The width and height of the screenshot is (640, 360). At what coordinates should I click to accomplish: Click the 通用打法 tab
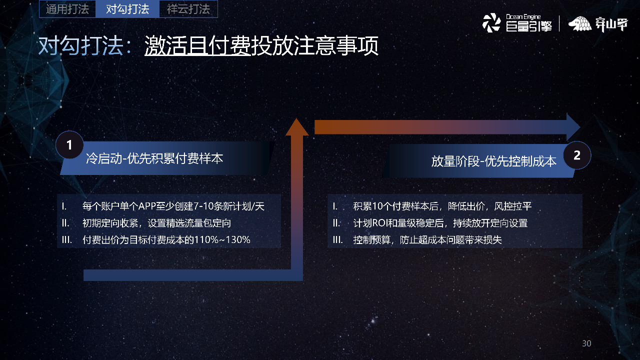[x=67, y=9]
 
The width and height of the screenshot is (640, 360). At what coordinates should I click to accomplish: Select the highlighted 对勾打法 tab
[x=128, y=9]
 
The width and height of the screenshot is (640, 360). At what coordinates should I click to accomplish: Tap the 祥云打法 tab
[x=188, y=9]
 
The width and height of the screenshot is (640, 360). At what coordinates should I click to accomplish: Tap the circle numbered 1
[x=69, y=145]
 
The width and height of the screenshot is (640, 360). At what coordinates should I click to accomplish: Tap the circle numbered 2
[x=577, y=155]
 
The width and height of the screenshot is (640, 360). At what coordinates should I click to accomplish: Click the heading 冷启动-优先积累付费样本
[x=154, y=159]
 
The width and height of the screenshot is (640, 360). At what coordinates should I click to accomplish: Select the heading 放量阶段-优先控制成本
[x=493, y=161]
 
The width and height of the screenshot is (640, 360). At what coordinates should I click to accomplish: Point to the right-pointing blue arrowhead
[x=573, y=127]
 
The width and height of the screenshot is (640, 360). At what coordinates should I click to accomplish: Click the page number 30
[x=586, y=343]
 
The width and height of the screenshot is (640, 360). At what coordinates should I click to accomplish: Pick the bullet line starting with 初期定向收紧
[x=156, y=223]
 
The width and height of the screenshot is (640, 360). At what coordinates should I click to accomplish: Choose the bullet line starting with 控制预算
[x=427, y=240]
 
